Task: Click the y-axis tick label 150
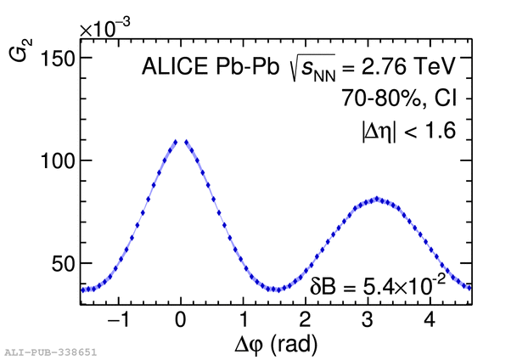(x=56, y=58)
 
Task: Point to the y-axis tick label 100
(x=56, y=160)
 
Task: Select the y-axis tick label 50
(x=62, y=263)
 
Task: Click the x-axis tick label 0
(x=180, y=321)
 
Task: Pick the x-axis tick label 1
(x=243, y=321)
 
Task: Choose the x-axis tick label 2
(x=305, y=321)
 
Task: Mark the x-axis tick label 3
(x=368, y=321)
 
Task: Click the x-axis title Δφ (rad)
(x=277, y=344)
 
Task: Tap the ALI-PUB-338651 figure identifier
(x=50, y=350)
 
